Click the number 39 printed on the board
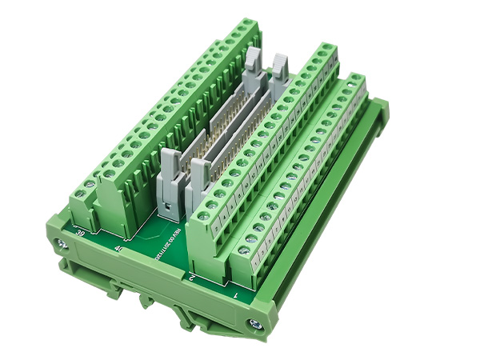coord(81,233)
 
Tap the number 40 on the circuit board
coord(119,249)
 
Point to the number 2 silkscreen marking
coord(193,277)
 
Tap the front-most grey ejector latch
coord(172,172)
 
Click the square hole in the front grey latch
coord(169,210)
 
